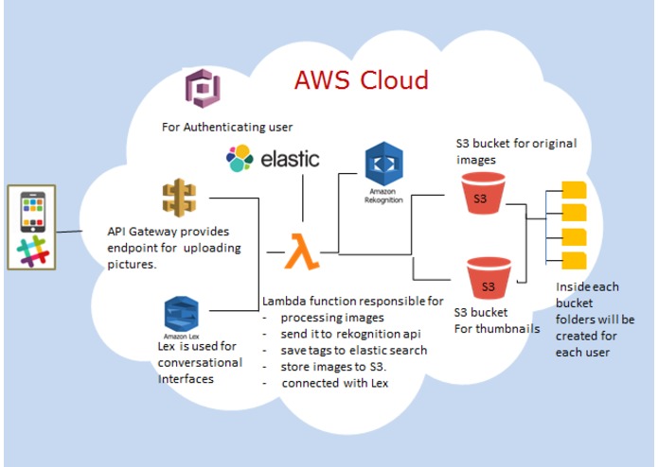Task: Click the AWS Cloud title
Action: click(362, 79)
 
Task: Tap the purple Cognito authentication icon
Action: click(203, 88)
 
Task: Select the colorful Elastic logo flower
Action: click(240, 158)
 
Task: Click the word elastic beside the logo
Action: click(290, 159)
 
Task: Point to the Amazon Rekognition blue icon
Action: click(384, 164)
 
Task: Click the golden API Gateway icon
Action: click(179, 198)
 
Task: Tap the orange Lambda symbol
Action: click(302, 251)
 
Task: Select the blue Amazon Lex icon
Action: click(181, 314)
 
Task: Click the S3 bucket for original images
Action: click(483, 194)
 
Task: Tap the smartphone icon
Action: click(33, 212)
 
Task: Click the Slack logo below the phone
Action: click(33, 251)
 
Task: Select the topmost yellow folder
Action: click(574, 190)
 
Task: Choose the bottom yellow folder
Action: click(574, 261)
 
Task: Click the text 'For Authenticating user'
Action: click(227, 127)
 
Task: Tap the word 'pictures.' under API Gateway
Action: click(132, 265)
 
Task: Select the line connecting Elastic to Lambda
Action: click(303, 198)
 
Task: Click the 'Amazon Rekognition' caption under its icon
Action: click(383, 196)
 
